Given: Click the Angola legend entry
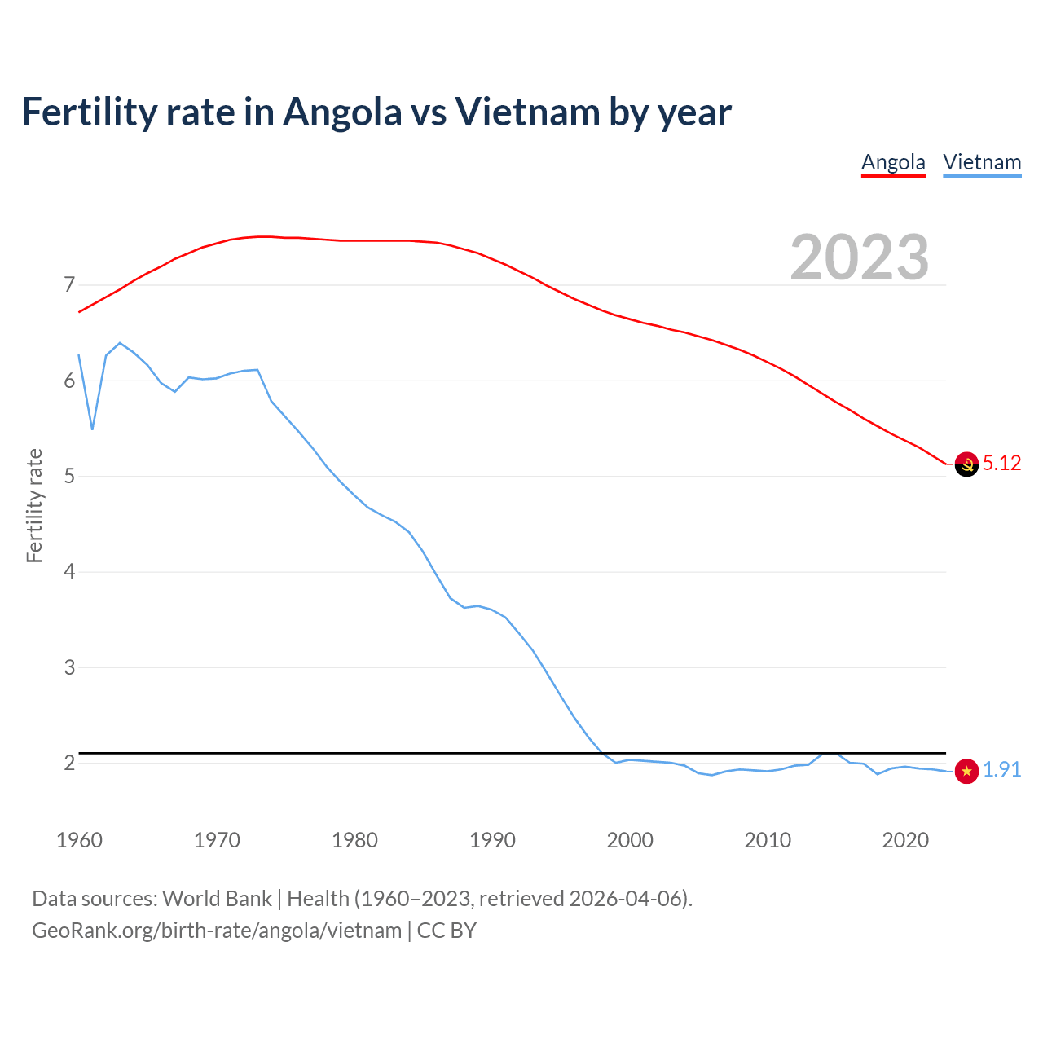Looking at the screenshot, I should pos(893,162).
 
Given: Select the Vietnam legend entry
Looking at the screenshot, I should pos(982,162).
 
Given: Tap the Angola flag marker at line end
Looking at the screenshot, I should pos(966,464).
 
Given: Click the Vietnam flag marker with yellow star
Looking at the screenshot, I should pos(966,771).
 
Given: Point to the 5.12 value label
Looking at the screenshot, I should pos(1001,464).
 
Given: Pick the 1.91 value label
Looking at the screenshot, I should pos(1001,770).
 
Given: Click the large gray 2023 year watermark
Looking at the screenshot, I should pos(860,257).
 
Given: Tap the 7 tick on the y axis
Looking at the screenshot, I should pos(69,285).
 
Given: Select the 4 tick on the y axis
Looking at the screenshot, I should pos(69,572).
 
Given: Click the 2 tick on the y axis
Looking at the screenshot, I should pos(69,764).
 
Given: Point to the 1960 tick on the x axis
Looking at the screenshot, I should pos(79,840).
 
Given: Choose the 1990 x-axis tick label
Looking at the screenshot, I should pos(492,840).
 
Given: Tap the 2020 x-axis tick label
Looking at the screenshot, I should pos(905,840).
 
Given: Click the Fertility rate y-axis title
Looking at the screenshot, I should pos(34,505).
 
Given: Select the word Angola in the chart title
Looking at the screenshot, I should pos(342,112).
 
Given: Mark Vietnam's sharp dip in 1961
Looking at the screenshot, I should pos(92,429).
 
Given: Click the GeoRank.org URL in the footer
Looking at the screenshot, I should pos(217,931).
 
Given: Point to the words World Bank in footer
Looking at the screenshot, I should pos(217,899).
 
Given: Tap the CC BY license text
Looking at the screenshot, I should pos(447,931).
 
